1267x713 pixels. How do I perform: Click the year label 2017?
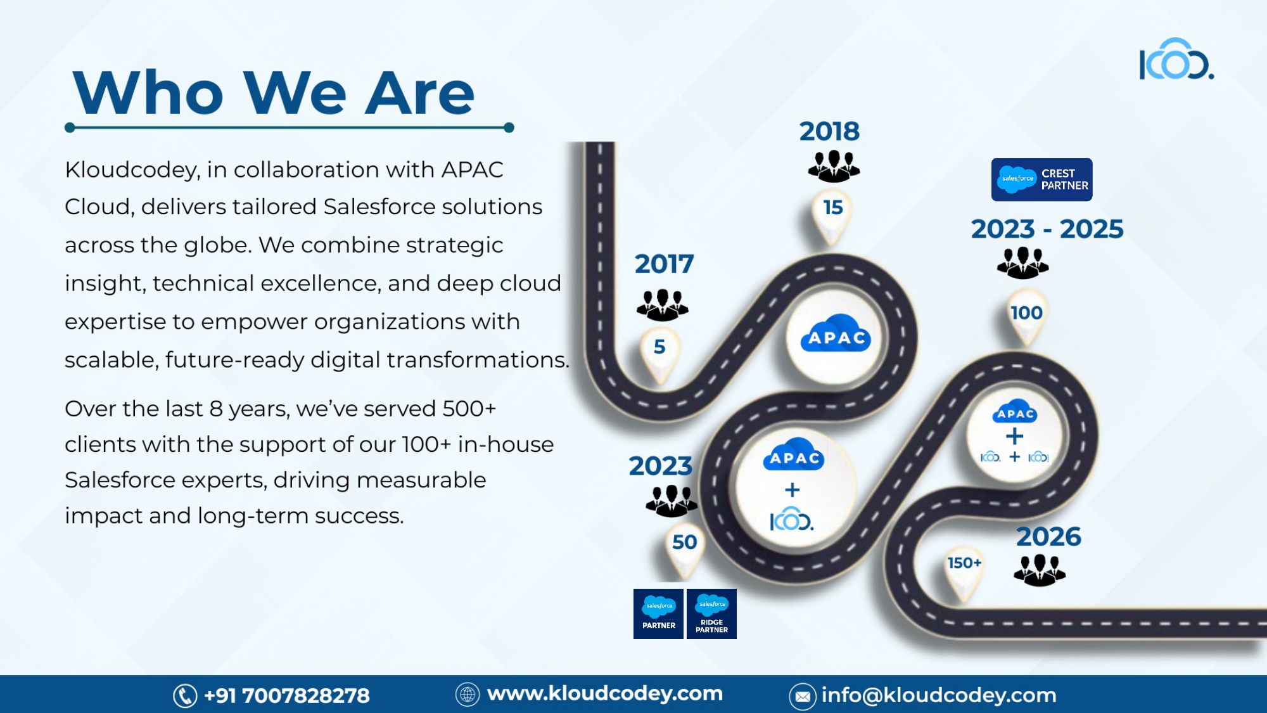(x=664, y=264)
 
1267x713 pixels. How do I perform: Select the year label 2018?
(x=829, y=131)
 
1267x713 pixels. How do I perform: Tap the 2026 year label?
(x=1048, y=537)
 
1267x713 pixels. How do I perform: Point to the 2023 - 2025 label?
(x=1047, y=229)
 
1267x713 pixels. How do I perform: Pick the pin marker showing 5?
(x=659, y=355)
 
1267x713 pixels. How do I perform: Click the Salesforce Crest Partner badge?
(x=1041, y=179)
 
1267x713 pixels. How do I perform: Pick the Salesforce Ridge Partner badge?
(x=711, y=613)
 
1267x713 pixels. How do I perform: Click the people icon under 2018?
(x=834, y=166)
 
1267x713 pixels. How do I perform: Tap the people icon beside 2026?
(x=1040, y=570)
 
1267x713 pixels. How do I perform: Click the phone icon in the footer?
(x=185, y=696)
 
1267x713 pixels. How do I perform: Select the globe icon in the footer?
(x=468, y=695)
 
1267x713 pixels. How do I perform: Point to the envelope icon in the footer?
(x=802, y=697)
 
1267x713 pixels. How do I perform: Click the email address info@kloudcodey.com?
(x=939, y=695)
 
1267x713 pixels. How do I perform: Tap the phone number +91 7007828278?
(x=287, y=696)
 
